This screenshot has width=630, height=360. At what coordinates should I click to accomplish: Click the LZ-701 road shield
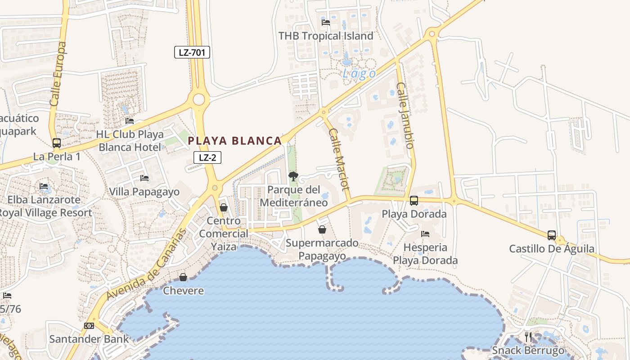[192, 52]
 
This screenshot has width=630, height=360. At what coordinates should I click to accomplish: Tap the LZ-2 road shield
[207, 157]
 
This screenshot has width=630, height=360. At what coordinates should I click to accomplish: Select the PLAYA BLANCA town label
[234, 141]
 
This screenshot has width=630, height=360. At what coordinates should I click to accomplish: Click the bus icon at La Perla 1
[57, 143]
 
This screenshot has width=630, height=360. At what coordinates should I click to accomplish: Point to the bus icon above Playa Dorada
[414, 200]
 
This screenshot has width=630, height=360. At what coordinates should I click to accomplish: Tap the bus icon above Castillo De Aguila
[552, 235]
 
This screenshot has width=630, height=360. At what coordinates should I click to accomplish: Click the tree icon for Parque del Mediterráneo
[293, 176]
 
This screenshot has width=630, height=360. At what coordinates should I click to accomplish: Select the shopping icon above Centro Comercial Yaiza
[224, 207]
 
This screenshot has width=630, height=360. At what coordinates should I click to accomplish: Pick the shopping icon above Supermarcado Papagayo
[322, 229]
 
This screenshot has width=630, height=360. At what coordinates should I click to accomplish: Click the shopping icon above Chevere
[183, 277]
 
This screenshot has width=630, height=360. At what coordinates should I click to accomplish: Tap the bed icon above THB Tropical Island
[326, 22]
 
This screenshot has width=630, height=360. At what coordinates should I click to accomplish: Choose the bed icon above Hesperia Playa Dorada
[425, 234]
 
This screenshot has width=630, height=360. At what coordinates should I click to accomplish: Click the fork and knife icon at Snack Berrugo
[528, 337]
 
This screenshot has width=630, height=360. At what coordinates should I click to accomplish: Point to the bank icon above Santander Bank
[89, 326]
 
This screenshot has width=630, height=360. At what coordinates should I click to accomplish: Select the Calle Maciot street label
[339, 160]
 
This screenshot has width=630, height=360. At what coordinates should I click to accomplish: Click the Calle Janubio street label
[405, 115]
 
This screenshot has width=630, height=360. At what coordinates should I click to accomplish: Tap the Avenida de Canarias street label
[147, 265]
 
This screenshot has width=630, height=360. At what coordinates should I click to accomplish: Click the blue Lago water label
[359, 74]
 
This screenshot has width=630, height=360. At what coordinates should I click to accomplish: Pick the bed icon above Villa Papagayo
[144, 178]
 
